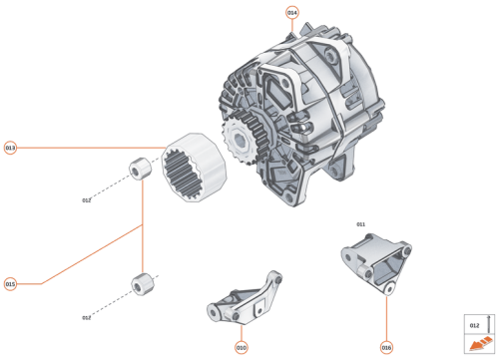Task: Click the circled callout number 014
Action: [292, 13]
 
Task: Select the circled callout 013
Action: [11, 148]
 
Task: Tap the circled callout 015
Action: [11, 283]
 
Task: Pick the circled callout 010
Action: [241, 347]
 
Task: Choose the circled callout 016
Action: [386, 347]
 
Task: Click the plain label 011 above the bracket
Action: [361, 224]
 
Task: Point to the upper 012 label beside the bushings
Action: [87, 199]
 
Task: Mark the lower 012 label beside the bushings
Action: [87, 317]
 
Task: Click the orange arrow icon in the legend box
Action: [475, 344]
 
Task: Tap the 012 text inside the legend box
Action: [474, 325]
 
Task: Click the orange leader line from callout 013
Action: [90, 148]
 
